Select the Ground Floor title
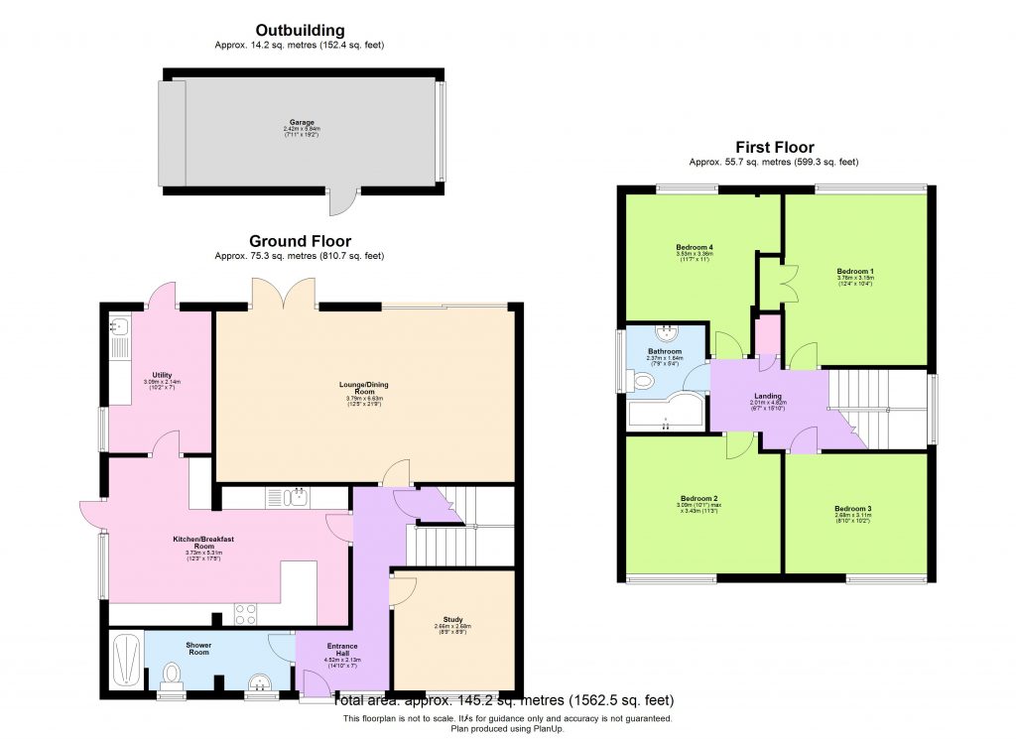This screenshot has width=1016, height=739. click(x=300, y=241)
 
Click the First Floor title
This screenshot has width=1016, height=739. click(x=773, y=148)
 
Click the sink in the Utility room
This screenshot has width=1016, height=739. click(x=121, y=325)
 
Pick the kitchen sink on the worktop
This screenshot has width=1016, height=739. click(x=289, y=497)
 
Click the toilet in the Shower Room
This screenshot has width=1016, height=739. click(x=172, y=677)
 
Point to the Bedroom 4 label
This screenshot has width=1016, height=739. click(x=695, y=247)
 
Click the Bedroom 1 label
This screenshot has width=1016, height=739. click(x=854, y=271)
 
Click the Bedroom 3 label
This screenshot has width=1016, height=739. click(x=853, y=509)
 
